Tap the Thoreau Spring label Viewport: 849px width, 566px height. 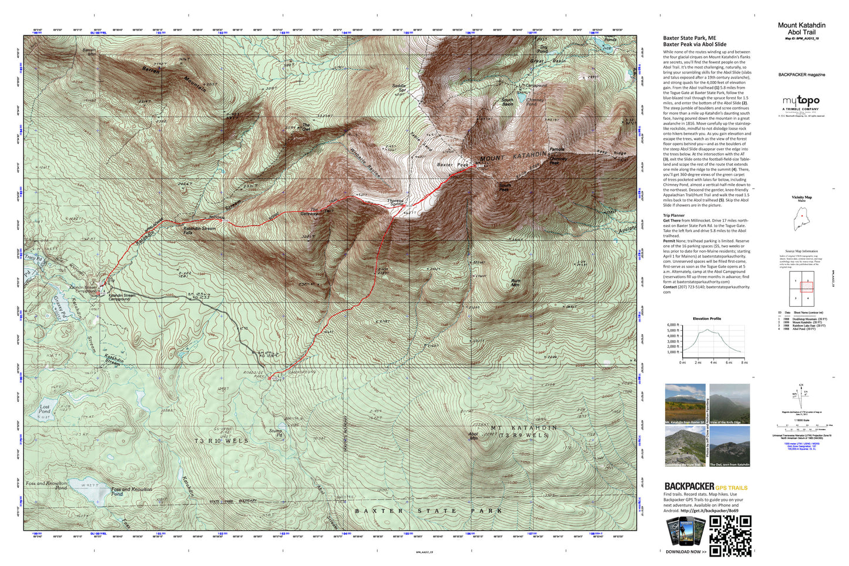(x=395, y=202)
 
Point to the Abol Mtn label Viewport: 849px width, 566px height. (x=473, y=436)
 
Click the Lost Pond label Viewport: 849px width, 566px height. (x=45, y=409)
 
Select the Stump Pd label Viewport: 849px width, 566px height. (x=276, y=433)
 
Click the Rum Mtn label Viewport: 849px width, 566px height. (x=515, y=283)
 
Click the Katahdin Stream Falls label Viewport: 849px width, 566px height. (x=200, y=230)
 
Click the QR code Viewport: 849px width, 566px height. (x=730, y=535)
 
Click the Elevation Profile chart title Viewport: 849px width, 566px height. (x=707, y=319)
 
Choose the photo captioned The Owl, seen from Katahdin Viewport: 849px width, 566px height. (x=730, y=446)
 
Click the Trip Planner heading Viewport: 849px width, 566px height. (x=674, y=216)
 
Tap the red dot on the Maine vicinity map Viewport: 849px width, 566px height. (x=802, y=216)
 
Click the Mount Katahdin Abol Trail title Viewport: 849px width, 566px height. (x=801, y=29)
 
